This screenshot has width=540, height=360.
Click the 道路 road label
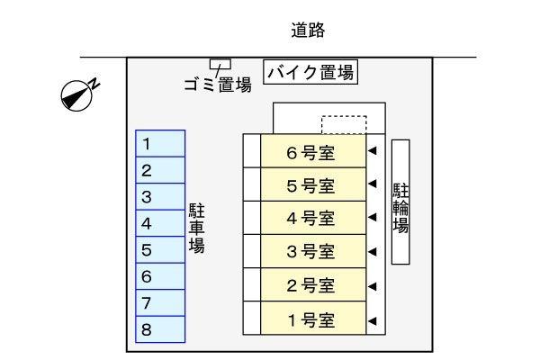pyautogui.click(x=308, y=31)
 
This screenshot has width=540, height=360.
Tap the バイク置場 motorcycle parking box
pyautogui.click(x=311, y=72)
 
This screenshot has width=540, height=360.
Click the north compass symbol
pyautogui.click(x=77, y=94)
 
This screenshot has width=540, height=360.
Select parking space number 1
pyautogui.click(x=160, y=143)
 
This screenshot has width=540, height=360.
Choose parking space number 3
pyautogui.click(x=160, y=196)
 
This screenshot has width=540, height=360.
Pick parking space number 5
pyautogui.click(x=160, y=250)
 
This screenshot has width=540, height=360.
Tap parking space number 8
pyautogui.click(x=160, y=330)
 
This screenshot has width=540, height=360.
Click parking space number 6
pyautogui.click(x=160, y=277)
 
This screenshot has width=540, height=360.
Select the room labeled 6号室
pyautogui.click(x=312, y=151)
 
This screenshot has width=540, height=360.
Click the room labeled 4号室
pyautogui.click(x=312, y=218)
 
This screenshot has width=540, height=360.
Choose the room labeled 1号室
pyautogui.click(x=312, y=319)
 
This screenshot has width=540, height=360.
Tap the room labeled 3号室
pyautogui.click(x=312, y=252)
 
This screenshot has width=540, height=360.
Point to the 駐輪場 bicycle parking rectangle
pyautogui.click(x=401, y=202)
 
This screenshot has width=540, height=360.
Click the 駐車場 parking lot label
pyautogui.click(x=196, y=228)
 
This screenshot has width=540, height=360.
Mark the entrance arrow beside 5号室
pyautogui.click(x=372, y=185)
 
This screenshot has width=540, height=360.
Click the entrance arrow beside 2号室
pyautogui.click(x=372, y=286)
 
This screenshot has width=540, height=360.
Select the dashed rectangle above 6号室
pyautogui.click(x=344, y=124)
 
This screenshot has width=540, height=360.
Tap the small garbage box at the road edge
pyautogui.click(x=220, y=63)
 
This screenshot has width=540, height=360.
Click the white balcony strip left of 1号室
pyautogui.click(x=251, y=319)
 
